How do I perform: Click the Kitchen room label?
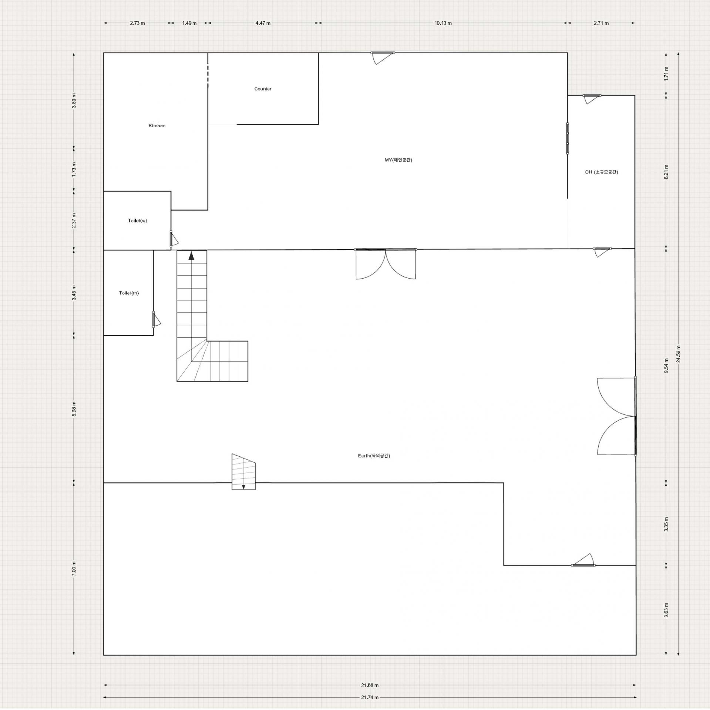tap(157, 126)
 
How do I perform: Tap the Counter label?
tap(263, 89)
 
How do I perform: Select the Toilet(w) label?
tap(137, 221)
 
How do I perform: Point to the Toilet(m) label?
tap(129, 293)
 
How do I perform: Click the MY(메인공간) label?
tap(398, 160)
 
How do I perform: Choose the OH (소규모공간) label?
tap(601, 172)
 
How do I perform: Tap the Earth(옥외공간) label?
tap(374, 456)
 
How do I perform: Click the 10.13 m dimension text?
tap(443, 23)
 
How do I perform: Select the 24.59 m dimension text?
tap(678, 354)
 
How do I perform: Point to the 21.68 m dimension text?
tap(370, 685)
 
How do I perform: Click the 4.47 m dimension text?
tap(263, 23)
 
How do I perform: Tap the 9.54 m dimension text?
tap(666, 365)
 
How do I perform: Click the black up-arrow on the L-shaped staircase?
tap(191, 256)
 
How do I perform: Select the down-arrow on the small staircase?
tap(243, 487)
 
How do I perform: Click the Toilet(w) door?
tap(174, 239)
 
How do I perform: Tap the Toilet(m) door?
tap(156, 320)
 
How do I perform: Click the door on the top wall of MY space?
tap(383, 58)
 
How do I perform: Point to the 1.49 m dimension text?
tap(189, 23)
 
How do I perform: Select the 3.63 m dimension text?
tap(666, 620)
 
